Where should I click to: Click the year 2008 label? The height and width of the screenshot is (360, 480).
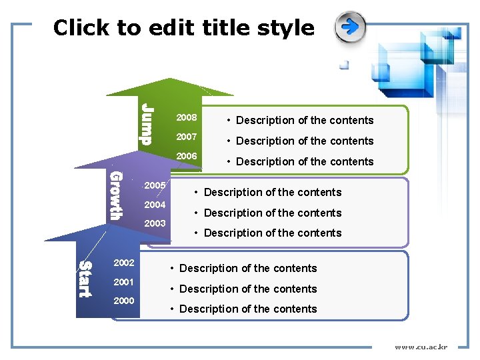click(186, 118)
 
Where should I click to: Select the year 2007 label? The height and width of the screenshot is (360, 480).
click(186, 137)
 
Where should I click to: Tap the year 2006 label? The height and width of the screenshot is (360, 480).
click(186, 156)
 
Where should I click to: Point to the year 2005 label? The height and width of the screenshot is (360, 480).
click(155, 185)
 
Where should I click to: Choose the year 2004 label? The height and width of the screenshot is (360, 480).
click(155, 205)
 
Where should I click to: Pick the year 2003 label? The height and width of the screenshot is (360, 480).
click(155, 223)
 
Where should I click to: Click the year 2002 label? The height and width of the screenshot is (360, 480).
click(124, 263)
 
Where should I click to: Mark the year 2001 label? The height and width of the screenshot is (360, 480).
click(124, 282)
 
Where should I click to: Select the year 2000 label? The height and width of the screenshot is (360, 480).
click(124, 301)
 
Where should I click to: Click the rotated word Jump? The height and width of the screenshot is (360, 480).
click(146, 124)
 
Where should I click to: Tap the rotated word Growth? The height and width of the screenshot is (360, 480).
click(116, 195)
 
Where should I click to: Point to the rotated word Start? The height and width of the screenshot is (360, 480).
click(85, 279)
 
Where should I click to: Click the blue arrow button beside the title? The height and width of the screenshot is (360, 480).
click(350, 27)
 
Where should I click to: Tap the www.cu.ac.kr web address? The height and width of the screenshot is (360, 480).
click(421, 347)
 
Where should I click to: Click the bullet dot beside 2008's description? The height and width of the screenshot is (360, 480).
click(229, 121)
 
